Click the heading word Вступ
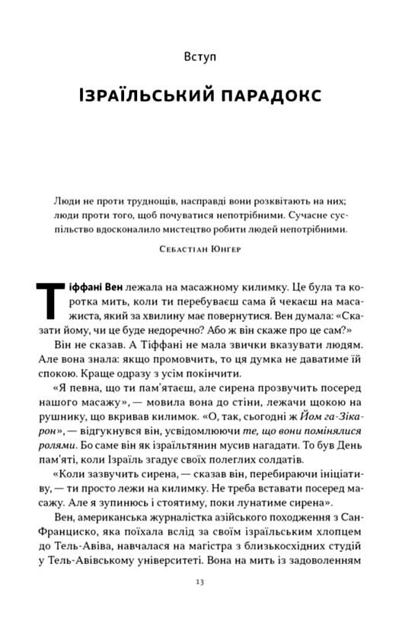[206, 56]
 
